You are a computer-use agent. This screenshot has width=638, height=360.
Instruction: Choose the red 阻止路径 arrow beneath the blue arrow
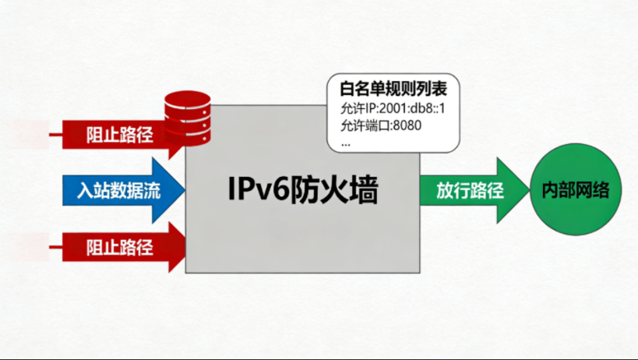(x=117, y=249)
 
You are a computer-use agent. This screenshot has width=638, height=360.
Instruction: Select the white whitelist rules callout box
(x=393, y=113)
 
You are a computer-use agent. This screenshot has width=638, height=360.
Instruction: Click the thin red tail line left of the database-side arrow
(x=56, y=135)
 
